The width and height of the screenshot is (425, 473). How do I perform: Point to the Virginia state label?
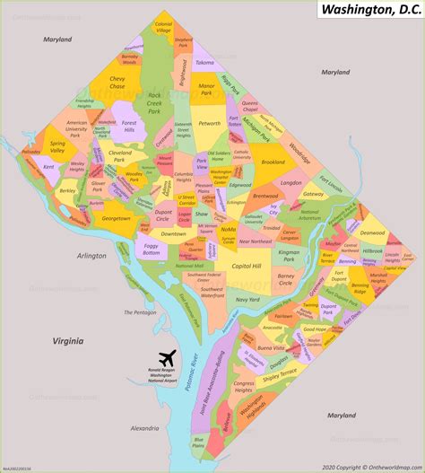coord(67,341)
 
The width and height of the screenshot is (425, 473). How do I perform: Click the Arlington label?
coord(91,256)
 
